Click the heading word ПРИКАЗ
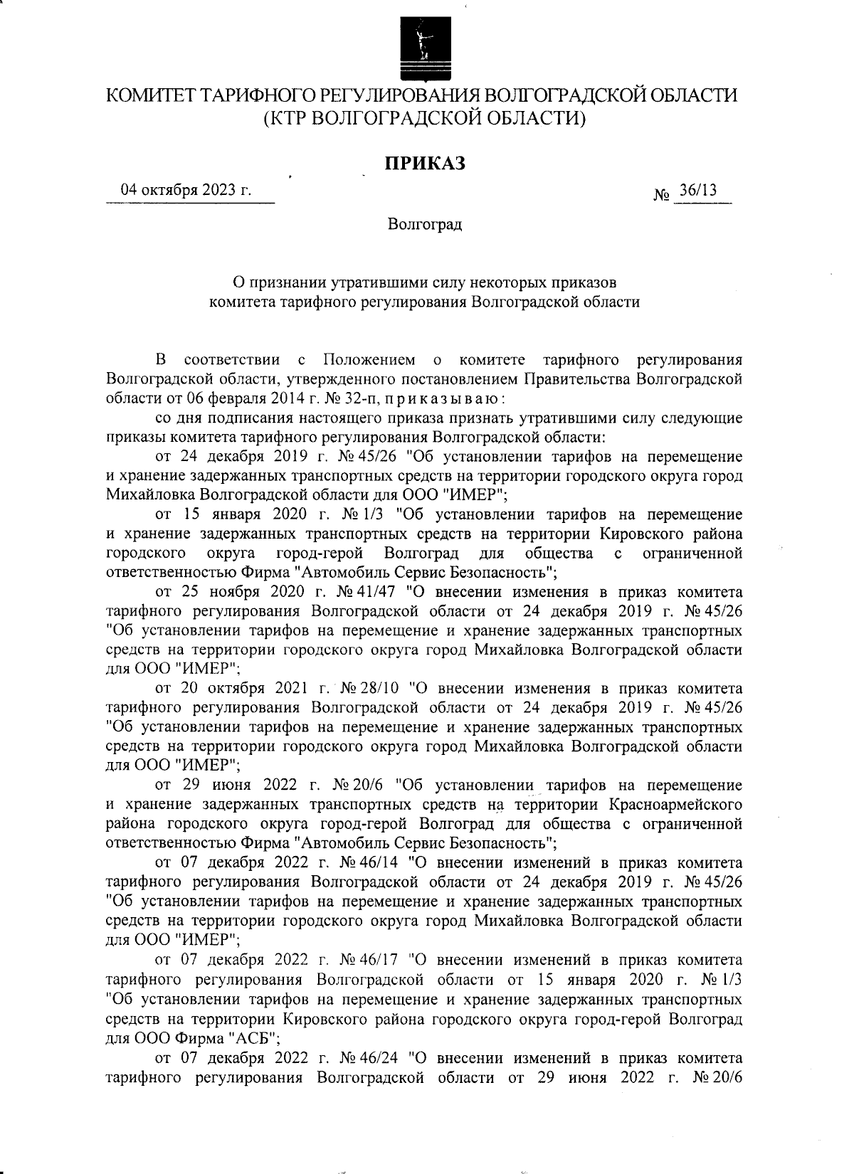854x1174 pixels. [x=426, y=164]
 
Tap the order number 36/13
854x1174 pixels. [x=698, y=190]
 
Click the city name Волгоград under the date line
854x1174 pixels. [x=425, y=225]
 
